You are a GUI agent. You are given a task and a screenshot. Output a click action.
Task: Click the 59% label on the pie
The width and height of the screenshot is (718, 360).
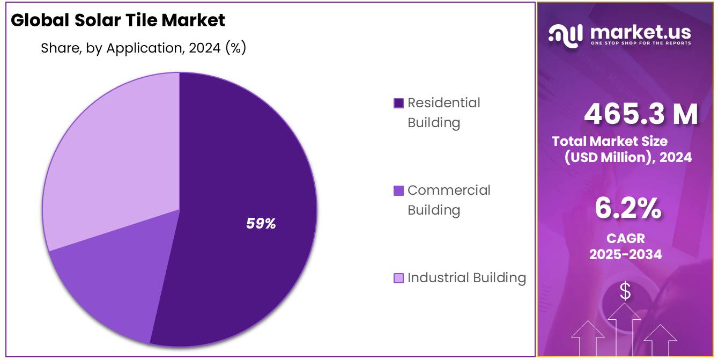pyautogui.click(x=261, y=224)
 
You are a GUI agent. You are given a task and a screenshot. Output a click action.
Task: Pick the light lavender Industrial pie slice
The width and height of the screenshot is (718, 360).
pyautogui.click(x=113, y=161)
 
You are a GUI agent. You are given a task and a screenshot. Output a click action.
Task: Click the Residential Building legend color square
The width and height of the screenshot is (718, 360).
pyautogui.click(x=398, y=103)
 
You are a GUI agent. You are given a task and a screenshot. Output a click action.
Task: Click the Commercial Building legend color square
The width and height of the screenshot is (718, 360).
pyautogui.click(x=398, y=190)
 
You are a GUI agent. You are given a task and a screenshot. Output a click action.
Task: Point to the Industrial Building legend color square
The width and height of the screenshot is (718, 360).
pyautogui.click(x=398, y=278)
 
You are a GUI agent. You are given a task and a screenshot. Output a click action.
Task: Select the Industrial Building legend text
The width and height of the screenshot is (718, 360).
pyautogui.click(x=467, y=278)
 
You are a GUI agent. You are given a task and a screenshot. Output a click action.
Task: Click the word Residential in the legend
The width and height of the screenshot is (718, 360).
pyautogui.click(x=443, y=102)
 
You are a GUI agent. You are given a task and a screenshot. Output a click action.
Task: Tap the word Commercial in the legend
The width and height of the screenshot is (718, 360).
pyautogui.click(x=449, y=190)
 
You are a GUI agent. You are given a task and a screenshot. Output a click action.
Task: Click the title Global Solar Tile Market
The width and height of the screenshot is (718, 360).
pyautogui.click(x=118, y=20)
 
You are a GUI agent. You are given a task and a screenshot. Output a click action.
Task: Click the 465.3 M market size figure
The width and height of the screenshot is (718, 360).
pyautogui.click(x=641, y=114)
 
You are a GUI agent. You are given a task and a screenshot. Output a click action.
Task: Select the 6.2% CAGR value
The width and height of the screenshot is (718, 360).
pyautogui.click(x=627, y=209)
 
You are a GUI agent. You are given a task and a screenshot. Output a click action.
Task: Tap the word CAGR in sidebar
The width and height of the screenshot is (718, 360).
pyautogui.click(x=625, y=238)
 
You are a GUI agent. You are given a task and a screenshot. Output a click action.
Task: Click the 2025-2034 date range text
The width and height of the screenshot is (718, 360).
pyautogui.click(x=625, y=254)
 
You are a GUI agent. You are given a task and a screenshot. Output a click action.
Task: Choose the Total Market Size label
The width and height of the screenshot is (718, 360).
pyautogui.click(x=610, y=142)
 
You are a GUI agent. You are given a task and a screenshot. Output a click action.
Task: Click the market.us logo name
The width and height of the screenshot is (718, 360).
pyautogui.click(x=640, y=32)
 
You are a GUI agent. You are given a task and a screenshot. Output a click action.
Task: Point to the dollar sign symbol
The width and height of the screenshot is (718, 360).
pyautogui.click(x=625, y=291)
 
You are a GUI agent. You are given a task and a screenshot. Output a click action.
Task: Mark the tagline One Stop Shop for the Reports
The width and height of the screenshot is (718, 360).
pyautogui.click(x=640, y=43)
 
